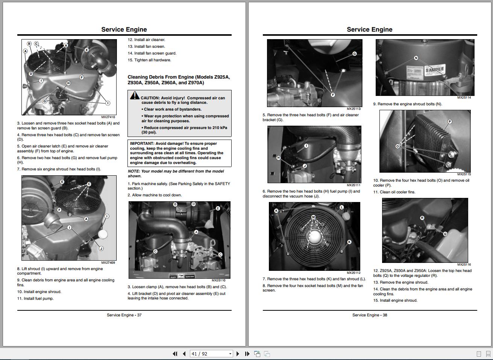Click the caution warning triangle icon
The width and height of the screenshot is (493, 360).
pyautogui.click(x=135, y=96)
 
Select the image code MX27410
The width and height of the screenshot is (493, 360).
pyautogui.click(x=108, y=117)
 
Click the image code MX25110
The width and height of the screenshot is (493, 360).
pyautogui.click(x=218, y=280)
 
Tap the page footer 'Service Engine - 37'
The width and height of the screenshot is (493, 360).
pyautogui.click(x=124, y=315)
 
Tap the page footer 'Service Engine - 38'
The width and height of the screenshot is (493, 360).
pyautogui.click(x=369, y=315)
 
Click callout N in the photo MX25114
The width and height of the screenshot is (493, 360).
pyautogui.click(x=416, y=58)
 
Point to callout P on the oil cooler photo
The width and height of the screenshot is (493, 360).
pyautogui.click(x=449, y=122)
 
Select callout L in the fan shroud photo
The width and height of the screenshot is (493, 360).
pyautogui.click(x=341, y=207)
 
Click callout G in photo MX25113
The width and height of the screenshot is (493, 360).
pyautogui.click(x=354, y=54)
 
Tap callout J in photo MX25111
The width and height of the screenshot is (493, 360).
pyautogui.click(x=305, y=166)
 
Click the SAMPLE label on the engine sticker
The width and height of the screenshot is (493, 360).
pyautogui.click(x=435, y=70)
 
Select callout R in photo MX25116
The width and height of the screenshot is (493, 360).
pyautogui.click(x=422, y=218)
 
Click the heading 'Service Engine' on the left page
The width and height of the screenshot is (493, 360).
pyautogui.click(x=124, y=29)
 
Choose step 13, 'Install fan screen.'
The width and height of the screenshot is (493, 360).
pyautogui.click(x=146, y=47)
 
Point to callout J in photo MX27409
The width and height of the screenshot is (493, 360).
pyautogui.click(x=101, y=248)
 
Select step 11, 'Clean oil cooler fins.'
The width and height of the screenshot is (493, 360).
pyautogui.click(x=394, y=192)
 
